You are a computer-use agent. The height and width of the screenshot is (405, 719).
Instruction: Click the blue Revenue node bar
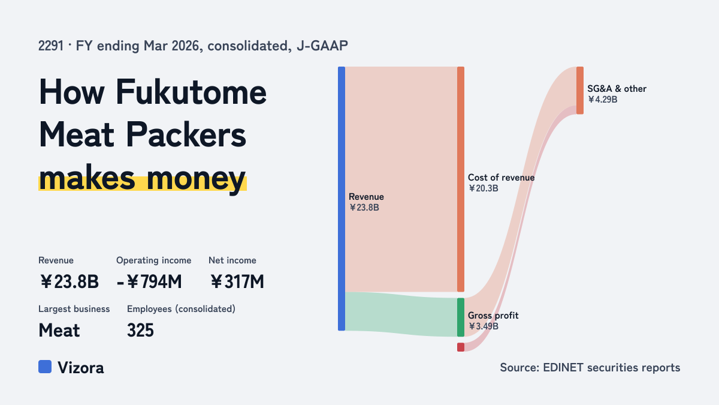pos(342,199)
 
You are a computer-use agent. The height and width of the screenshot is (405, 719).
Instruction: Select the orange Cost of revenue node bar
pos(461,179)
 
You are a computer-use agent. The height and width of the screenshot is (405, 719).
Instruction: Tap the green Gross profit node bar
pos(461,317)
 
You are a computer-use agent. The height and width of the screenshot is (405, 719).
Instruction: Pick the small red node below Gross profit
pos(461,347)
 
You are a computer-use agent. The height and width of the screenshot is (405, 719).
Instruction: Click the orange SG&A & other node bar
pos(580,91)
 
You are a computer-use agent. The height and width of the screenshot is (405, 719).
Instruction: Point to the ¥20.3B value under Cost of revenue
pos(483,188)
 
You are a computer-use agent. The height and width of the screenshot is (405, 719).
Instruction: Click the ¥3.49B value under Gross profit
pos(483,326)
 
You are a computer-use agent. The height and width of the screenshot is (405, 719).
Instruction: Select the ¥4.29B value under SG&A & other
pos(603,100)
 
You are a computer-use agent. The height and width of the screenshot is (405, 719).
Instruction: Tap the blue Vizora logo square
pos(45,367)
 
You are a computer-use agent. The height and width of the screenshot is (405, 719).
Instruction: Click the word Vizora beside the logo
pos(81,368)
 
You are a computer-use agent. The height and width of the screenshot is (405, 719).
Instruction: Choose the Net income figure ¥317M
pos(237,281)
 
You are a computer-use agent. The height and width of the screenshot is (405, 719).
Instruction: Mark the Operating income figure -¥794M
pos(149,281)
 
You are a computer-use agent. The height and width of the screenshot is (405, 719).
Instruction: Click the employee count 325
pos(140,331)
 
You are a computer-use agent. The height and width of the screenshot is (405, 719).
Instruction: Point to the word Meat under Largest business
pos(59,331)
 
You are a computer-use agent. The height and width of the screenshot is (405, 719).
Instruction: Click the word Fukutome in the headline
pos(191,92)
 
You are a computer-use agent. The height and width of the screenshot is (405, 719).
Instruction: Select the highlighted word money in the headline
pos(196,179)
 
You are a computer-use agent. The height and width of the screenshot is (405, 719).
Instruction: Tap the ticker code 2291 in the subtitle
pos(51,46)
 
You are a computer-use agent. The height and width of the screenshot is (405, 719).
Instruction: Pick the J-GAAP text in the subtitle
pos(322,46)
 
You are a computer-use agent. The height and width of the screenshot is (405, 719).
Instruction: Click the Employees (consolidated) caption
pos(181,309)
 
